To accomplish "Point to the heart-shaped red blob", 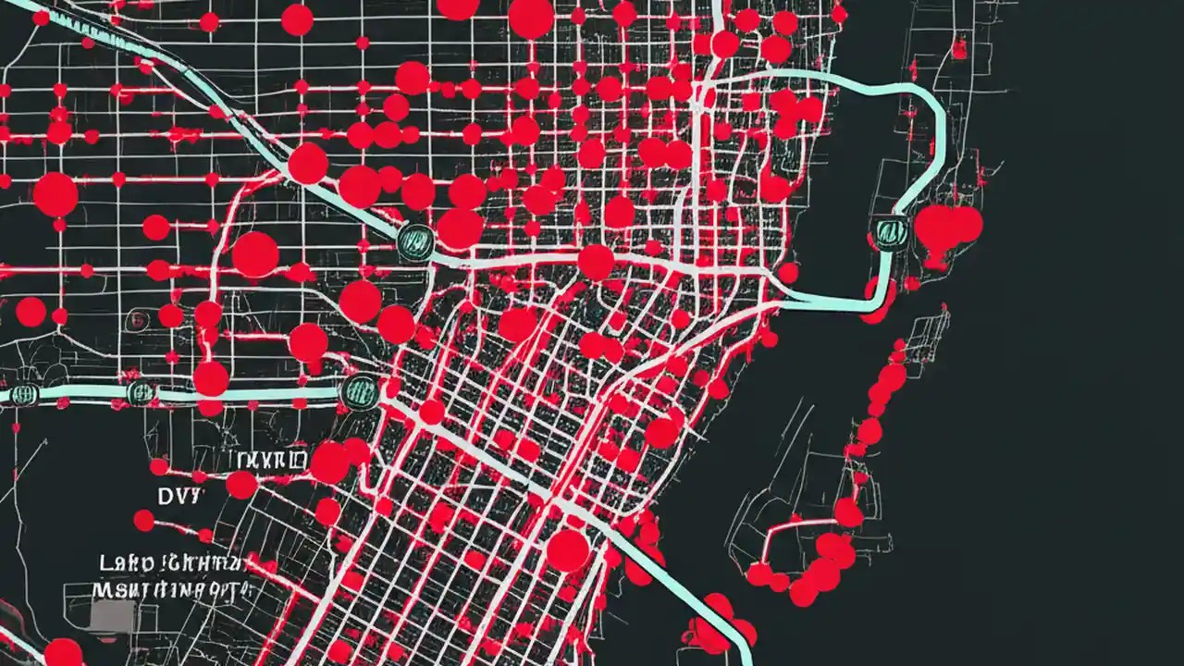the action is click(x=946, y=228).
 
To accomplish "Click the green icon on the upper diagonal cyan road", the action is click(x=415, y=240).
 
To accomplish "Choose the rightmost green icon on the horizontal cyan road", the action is click(x=359, y=391).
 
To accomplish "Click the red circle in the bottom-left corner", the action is click(x=63, y=653).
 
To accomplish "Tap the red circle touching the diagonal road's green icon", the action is click(x=460, y=228).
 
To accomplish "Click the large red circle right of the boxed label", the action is click(x=330, y=462).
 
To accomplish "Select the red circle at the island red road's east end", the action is click(x=848, y=512).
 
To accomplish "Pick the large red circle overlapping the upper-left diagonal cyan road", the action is click(x=308, y=163).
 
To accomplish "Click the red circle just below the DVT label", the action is click(x=143, y=520).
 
